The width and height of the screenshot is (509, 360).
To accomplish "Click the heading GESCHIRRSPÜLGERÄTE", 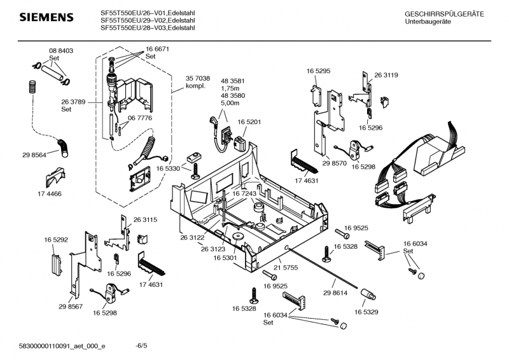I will pyautogui.click(x=443, y=14).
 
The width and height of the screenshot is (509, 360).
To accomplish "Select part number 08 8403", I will pyautogui.click(x=60, y=50).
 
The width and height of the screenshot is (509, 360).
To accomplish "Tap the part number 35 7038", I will pyautogui.click(x=197, y=78).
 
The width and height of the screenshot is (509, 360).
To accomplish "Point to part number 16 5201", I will pyautogui.click(x=250, y=121).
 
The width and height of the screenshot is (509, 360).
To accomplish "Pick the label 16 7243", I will pyautogui.click(x=244, y=193).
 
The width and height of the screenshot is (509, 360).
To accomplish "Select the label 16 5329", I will pyautogui.click(x=366, y=312).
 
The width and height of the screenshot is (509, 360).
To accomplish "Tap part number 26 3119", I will pyautogui.click(x=386, y=75).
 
